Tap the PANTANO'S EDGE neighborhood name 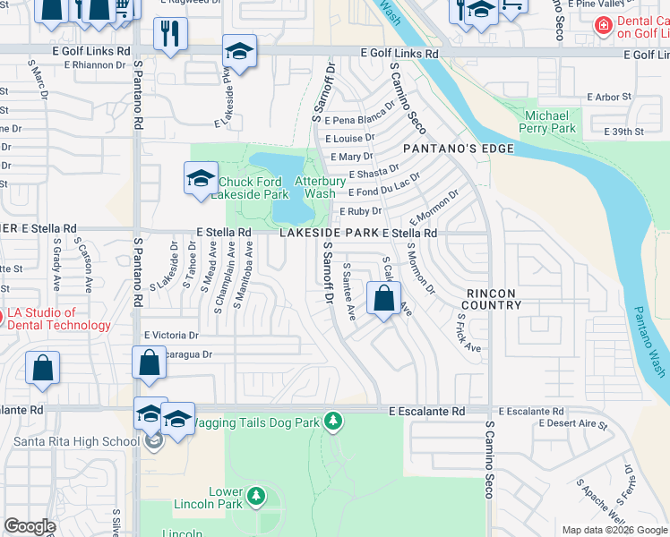[458, 149]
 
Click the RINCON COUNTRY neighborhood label [493, 299]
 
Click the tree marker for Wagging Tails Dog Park [333, 421]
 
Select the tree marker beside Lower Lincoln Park [256, 495]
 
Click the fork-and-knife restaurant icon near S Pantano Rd [168, 35]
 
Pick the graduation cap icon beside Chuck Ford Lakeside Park [201, 178]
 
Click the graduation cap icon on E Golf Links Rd [239, 51]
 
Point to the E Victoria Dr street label [171, 335]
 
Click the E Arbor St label [609, 97]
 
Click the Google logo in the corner [30, 526]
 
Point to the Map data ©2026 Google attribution [614, 530]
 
